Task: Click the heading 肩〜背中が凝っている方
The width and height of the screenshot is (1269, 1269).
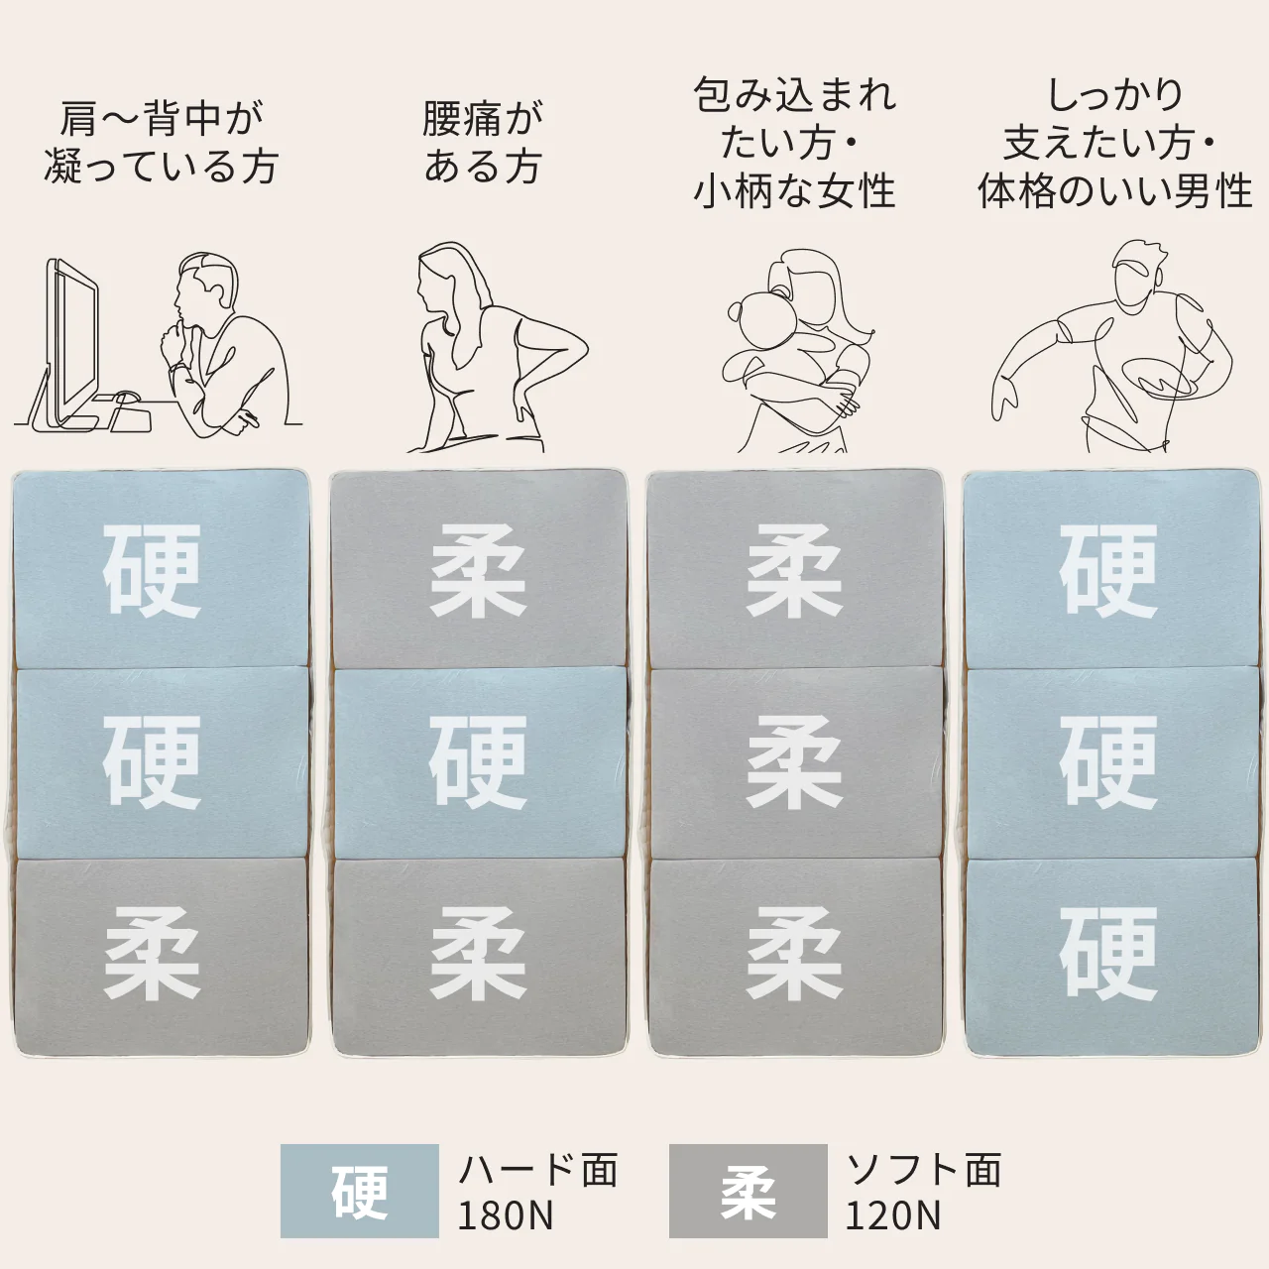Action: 161,143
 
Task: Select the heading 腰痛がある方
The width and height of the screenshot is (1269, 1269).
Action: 483,143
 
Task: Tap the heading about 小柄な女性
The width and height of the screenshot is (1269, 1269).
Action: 794,144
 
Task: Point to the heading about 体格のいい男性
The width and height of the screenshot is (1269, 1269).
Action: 1114,144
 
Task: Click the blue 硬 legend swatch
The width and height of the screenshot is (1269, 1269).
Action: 359,1192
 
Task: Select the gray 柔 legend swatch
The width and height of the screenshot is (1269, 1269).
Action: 748,1192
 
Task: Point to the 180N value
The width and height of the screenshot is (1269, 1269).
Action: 505,1215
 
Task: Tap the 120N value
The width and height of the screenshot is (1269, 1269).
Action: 892,1215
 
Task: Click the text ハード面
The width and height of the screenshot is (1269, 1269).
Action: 538,1170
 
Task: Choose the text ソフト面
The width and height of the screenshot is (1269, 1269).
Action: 923,1170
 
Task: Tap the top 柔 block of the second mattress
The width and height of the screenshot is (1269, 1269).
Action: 478,571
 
